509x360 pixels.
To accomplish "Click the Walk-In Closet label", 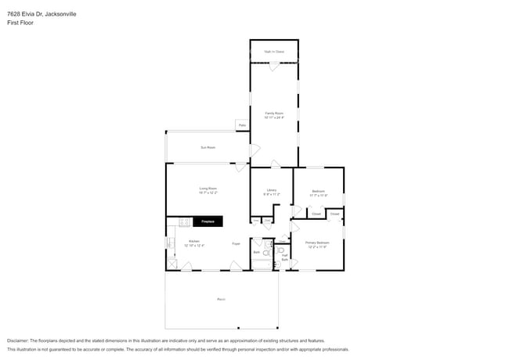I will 273,52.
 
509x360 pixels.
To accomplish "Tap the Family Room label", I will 273,115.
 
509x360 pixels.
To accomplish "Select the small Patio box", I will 242,125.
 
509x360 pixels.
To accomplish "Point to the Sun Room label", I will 208,147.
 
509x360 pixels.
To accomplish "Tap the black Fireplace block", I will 208,221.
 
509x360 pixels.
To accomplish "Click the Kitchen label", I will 194,243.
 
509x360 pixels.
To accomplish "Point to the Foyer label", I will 236,244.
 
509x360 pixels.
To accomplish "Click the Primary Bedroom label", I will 317,244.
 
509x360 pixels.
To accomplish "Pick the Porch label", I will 221,300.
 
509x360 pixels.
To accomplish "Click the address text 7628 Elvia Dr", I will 27,14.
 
